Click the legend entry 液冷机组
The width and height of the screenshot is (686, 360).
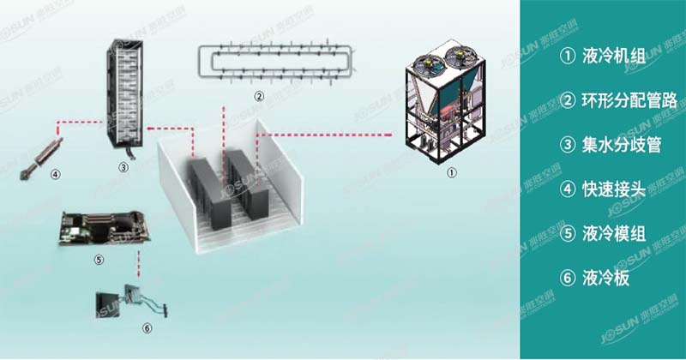(x=601, y=57)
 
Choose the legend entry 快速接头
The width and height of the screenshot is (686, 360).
(x=601, y=189)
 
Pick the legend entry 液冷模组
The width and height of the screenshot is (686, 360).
(x=601, y=233)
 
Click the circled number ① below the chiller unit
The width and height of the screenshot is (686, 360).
(x=451, y=171)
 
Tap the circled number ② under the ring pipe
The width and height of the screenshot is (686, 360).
(x=258, y=94)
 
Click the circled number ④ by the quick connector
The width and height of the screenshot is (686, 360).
(x=55, y=174)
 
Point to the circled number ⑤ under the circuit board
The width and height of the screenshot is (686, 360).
(x=98, y=258)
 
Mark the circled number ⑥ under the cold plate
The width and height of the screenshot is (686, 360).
(x=146, y=327)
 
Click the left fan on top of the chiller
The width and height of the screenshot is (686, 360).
(x=425, y=63)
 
